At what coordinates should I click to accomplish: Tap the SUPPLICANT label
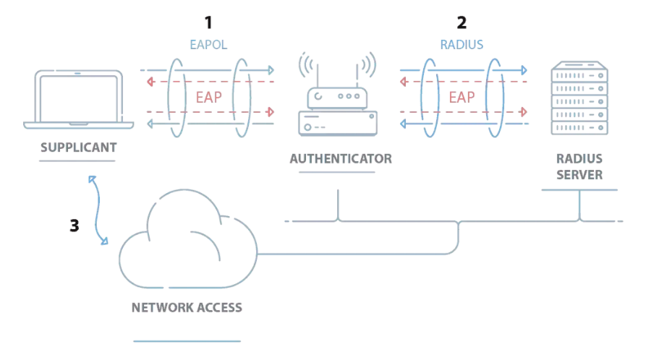pyautogui.click(x=78, y=147)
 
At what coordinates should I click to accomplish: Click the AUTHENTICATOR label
pyautogui.click(x=341, y=158)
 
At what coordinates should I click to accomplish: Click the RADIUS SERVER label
pyautogui.click(x=579, y=166)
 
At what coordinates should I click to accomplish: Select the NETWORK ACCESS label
pyautogui.click(x=187, y=307)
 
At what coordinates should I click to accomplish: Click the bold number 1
pyautogui.click(x=209, y=22)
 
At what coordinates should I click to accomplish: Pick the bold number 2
pyautogui.click(x=462, y=22)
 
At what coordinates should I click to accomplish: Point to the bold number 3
pyautogui.click(x=74, y=226)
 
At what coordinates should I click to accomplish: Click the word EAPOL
pyautogui.click(x=209, y=45)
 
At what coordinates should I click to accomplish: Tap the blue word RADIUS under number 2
pyautogui.click(x=462, y=45)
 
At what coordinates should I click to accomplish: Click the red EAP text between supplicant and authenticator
pyautogui.click(x=210, y=97)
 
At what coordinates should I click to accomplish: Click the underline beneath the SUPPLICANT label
pyautogui.click(x=78, y=161)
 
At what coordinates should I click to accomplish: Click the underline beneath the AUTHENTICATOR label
pyautogui.click(x=341, y=172)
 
